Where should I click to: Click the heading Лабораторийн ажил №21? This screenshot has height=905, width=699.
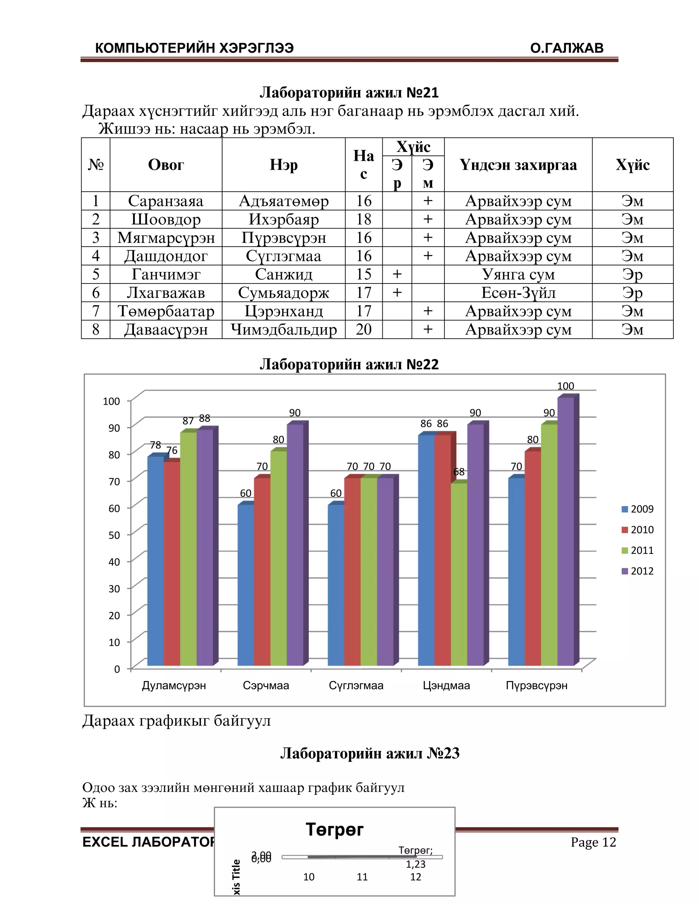click(349, 93)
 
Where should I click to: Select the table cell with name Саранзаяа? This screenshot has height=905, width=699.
click(166, 201)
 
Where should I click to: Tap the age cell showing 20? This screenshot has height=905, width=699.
click(363, 330)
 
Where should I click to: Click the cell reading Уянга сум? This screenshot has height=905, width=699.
click(518, 274)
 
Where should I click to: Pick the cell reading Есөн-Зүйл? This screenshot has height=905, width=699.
click(518, 293)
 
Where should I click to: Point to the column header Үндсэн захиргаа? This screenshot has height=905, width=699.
click(518, 165)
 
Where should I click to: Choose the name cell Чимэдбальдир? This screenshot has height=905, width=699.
click(284, 330)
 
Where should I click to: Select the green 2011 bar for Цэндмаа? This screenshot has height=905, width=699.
click(459, 576)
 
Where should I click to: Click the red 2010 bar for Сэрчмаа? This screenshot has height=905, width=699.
click(262, 572)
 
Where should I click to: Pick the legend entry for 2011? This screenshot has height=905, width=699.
click(638, 550)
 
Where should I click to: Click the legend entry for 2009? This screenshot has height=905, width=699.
click(638, 509)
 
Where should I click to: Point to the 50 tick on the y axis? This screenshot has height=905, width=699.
click(114, 535)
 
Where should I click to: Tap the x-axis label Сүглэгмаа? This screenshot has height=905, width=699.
click(356, 685)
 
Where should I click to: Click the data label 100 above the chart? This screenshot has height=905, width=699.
click(565, 386)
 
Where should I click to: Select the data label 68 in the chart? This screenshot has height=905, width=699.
click(459, 472)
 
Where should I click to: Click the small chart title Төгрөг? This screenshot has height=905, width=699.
click(334, 830)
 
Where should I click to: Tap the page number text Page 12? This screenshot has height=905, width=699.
click(593, 842)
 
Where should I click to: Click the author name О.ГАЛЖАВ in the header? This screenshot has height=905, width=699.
click(567, 48)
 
